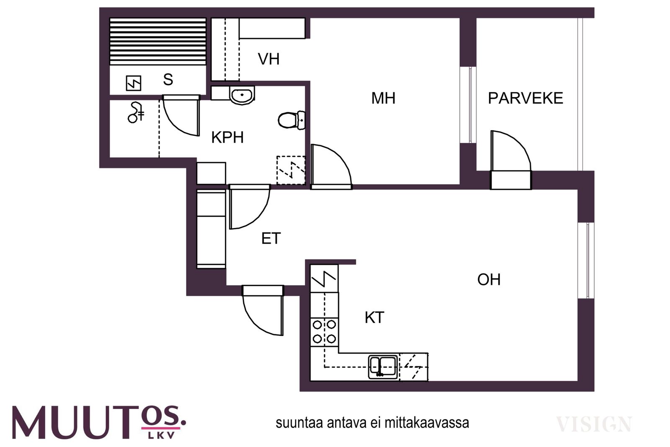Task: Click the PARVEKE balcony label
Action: [526, 98]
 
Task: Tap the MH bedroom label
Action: [383, 98]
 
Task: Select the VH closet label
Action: [269, 59]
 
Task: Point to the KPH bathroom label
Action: [227, 137]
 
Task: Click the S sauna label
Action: [168, 80]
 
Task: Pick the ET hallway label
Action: [271, 238]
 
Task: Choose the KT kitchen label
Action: [374, 318]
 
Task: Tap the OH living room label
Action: [489, 279]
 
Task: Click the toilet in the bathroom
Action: [291, 120]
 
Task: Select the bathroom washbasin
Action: [242, 96]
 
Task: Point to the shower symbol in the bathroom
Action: [137, 113]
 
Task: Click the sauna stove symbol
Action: [134, 83]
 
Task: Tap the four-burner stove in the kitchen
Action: [324, 332]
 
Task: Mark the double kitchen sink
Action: [383, 367]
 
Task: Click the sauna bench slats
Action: [158, 41]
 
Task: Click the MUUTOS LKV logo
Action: [99, 422]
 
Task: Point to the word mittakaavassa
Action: [427, 423]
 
